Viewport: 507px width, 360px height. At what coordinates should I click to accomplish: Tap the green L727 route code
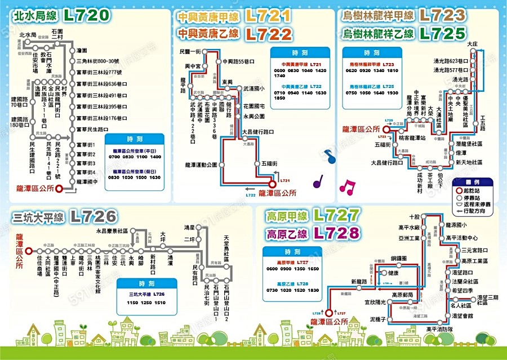(336, 215)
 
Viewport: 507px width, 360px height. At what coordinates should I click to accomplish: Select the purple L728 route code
(336, 232)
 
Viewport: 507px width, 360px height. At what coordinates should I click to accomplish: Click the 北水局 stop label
(27, 35)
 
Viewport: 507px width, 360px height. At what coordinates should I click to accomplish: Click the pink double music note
(348, 187)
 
